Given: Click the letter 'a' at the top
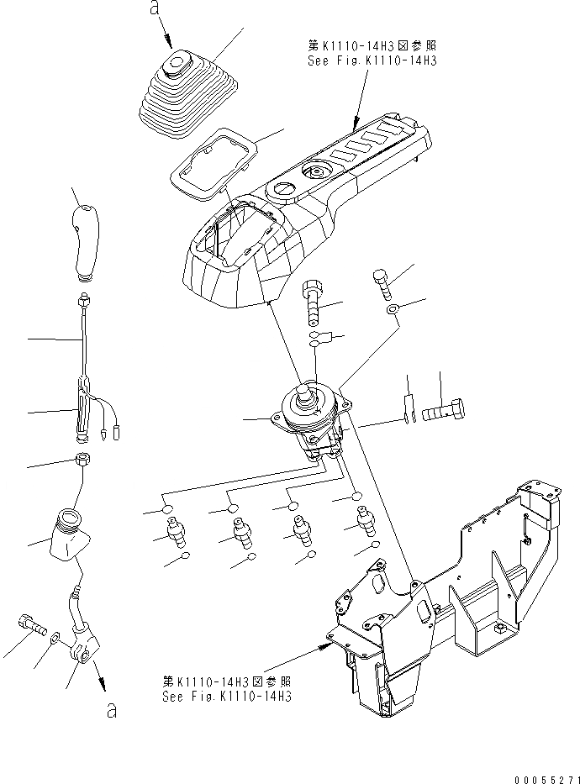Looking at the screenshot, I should (153, 8).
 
